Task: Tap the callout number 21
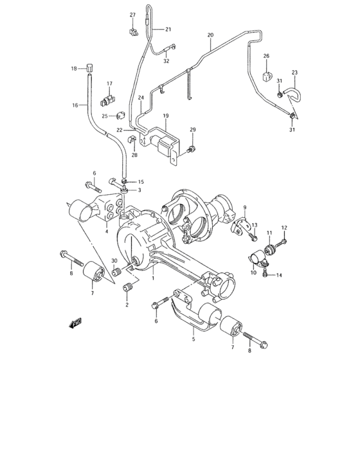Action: [168, 29]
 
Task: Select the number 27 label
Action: [132, 15]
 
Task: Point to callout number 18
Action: [74, 68]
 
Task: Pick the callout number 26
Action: [266, 57]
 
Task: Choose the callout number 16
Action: [75, 105]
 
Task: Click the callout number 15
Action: [141, 183]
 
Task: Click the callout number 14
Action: [280, 275]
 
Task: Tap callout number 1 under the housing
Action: [153, 278]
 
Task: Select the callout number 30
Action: [114, 261]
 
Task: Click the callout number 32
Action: [166, 62]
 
